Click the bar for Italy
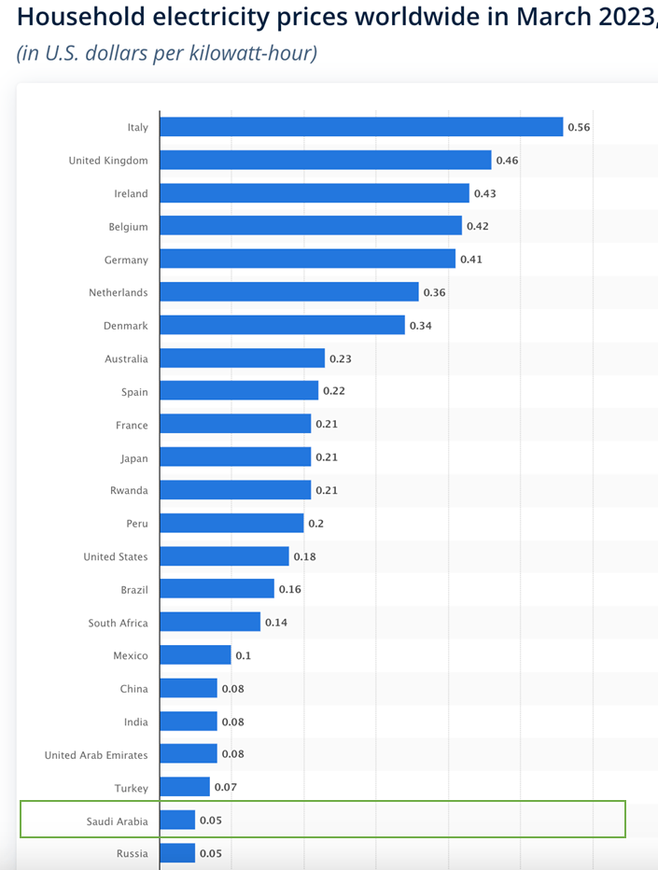361,127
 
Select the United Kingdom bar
326,161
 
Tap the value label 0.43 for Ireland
484,193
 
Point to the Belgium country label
128,227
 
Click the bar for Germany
308,260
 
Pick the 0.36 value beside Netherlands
434,292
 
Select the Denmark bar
283,326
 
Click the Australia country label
126,358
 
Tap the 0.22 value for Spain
333,391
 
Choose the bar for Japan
235,457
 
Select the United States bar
225,556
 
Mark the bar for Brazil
217,589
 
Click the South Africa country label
118,623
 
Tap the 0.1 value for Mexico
243,655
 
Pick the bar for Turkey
185,788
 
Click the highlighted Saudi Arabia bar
177,821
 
